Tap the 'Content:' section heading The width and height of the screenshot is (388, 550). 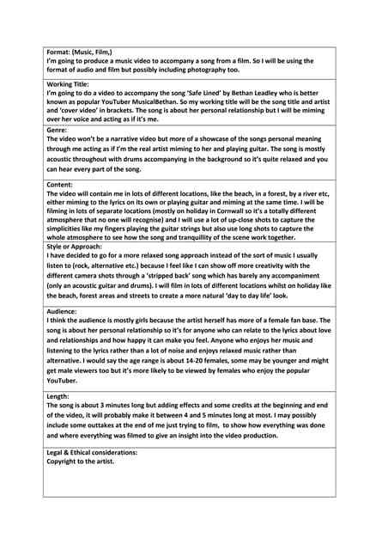(61, 186)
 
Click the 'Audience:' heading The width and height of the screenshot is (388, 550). (63, 311)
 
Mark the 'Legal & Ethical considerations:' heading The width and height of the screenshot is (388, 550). (94, 452)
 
